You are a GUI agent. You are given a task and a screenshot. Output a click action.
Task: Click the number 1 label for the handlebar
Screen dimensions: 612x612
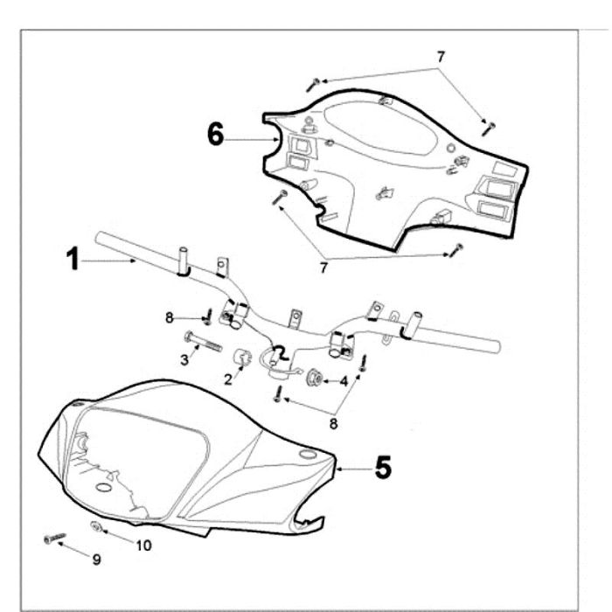(73, 260)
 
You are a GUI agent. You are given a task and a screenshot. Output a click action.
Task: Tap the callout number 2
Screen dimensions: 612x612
(228, 379)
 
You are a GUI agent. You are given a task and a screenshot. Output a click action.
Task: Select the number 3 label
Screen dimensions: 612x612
(184, 360)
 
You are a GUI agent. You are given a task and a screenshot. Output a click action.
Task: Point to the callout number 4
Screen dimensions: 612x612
(344, 380)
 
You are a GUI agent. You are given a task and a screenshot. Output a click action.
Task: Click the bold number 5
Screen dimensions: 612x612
(382, 468)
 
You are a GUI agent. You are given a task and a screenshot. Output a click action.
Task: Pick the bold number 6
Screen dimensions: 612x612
(216, 134)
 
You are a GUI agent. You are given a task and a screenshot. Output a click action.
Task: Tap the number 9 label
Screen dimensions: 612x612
(96, 560)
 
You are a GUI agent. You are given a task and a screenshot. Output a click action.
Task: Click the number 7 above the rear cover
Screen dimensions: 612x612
(441, 56)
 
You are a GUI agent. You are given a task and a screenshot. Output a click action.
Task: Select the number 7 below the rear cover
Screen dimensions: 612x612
(323, 268)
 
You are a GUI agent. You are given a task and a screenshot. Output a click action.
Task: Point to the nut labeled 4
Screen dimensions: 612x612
(313, 378)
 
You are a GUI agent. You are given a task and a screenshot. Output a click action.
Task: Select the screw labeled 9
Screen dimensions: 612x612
(54, 538)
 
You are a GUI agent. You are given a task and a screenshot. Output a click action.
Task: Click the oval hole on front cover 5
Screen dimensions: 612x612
(306, 455)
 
